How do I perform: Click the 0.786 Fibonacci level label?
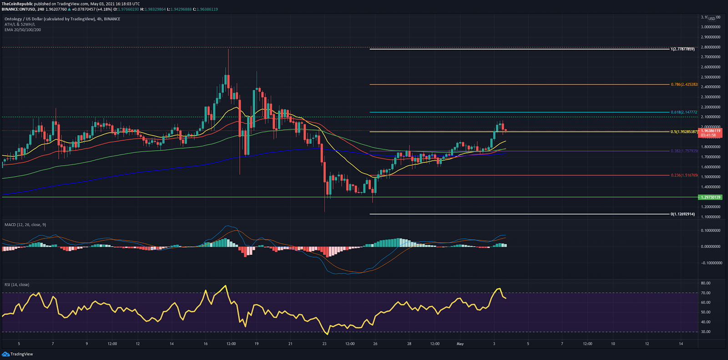point(684,85)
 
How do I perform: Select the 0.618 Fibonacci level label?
point(684,112)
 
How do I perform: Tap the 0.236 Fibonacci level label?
point(684,175)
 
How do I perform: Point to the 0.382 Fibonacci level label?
point(684,151)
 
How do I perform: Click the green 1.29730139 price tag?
point(710,197)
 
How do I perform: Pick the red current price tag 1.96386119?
point(711,131)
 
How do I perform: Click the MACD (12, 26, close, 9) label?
point(25,225)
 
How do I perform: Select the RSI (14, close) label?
point(17,285)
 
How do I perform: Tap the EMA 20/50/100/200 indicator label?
point(23,30)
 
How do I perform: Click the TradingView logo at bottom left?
point(18,354)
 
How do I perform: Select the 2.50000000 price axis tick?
point(710,77)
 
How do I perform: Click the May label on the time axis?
point(460,344)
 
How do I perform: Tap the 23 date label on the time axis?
point(324,344)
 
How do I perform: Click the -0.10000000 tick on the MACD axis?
point(710,263)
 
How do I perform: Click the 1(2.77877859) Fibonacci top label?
point(682,49)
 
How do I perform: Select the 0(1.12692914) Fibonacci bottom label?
point(682,214)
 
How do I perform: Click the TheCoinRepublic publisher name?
point(17,4)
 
